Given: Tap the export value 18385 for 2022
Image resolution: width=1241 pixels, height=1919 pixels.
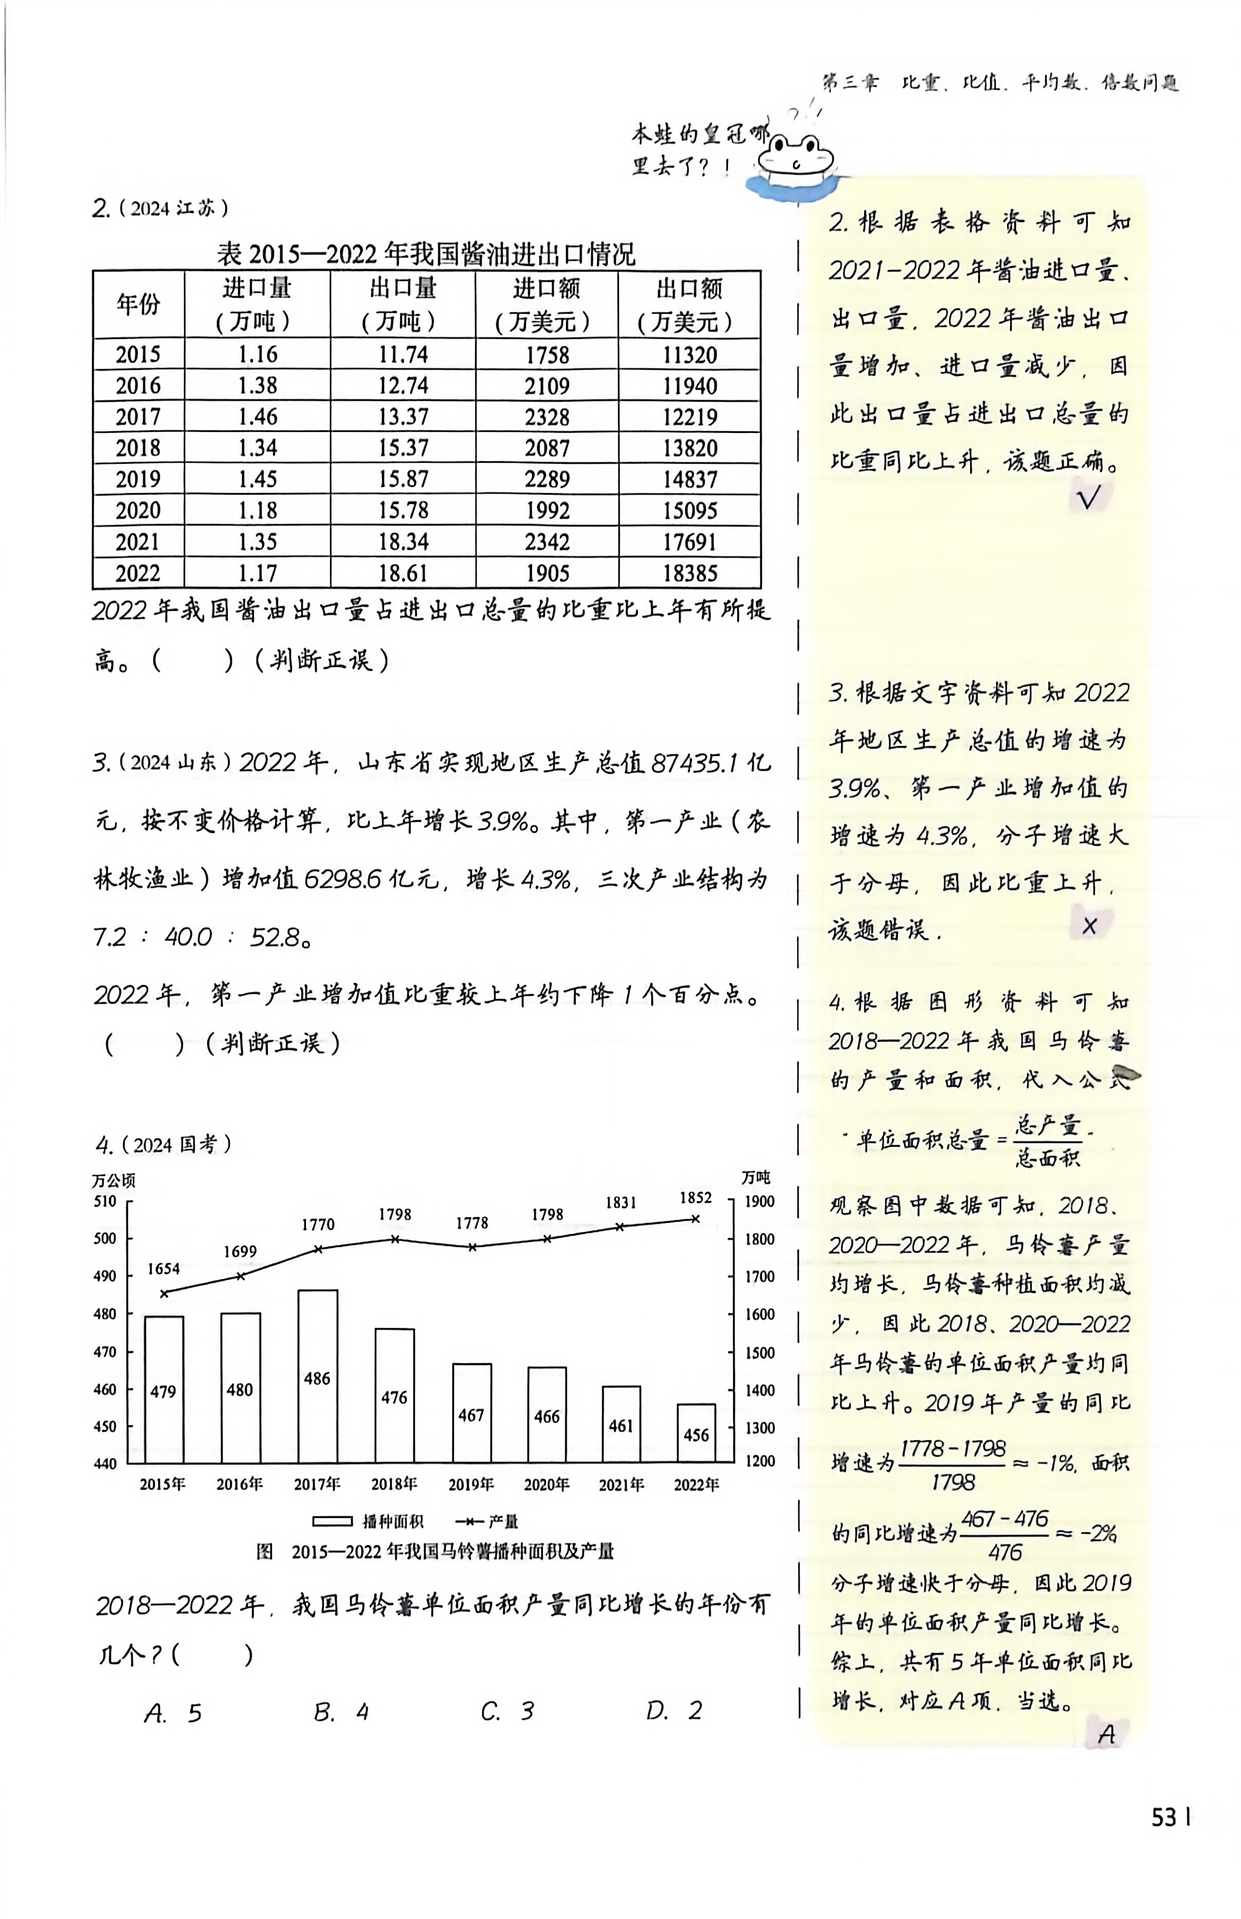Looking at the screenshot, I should tap(690, 573).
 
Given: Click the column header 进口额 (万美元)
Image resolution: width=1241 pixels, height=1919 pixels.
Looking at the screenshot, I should tap(546, 304).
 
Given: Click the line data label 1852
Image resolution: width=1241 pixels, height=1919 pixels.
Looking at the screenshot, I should tap(696, 1198).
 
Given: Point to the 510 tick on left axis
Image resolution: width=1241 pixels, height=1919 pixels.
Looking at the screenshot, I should tap(105, 1201).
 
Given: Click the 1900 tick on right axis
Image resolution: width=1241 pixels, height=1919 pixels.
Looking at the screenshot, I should tap(758, 1201).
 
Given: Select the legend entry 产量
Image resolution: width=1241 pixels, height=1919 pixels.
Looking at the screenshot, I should tap(487, 1522).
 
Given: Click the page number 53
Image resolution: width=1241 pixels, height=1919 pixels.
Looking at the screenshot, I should tap(1166, 1818).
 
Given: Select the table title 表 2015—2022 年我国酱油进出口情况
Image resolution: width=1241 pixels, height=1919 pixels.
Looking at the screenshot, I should tap(426, 255).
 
